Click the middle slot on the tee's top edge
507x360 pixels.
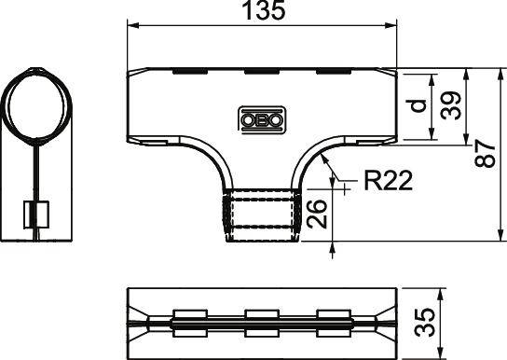point(262,71)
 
